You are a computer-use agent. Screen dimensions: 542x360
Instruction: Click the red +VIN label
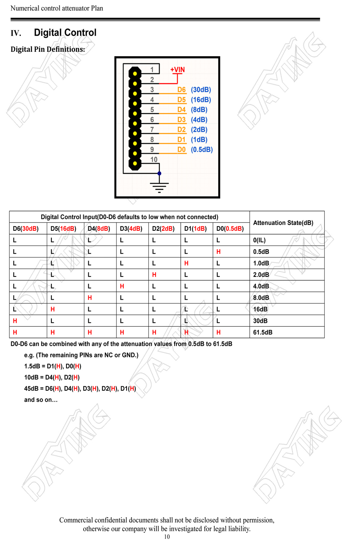pos(178,70)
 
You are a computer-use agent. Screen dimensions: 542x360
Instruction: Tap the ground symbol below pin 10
pos(159,186)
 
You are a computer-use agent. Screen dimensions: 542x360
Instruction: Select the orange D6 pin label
pos(182,90)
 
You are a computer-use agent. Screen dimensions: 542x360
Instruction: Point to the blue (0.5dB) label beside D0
pos(202,150)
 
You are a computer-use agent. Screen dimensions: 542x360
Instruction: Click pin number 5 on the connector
pos(152,110)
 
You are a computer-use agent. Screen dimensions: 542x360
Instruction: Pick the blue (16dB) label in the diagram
pos(201,100)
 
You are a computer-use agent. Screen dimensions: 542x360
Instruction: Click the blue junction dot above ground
pos(159,173)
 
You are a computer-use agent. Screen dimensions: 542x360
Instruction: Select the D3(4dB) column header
pos(131,229)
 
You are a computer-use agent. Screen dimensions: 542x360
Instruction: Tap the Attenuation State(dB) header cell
pos(283,223)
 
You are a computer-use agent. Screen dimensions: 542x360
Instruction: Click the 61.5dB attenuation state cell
pos(263,333)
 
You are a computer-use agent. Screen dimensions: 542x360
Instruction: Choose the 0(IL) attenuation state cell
pos(259,240)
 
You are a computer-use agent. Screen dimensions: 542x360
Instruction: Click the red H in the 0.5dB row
pos(218,252)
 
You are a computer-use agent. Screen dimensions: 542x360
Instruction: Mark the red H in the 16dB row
pos(53,309)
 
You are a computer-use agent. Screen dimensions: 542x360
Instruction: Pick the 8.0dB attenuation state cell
pos(261,298)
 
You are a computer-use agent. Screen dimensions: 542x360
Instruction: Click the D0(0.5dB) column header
pos(230,229)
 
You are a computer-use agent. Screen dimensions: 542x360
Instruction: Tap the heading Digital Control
pos(65,33)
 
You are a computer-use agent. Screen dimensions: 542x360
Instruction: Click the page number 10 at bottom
pos(167,537)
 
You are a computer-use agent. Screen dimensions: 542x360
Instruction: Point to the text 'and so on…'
pos(41,400)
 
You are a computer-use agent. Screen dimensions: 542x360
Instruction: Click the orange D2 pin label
pos(182,130)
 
